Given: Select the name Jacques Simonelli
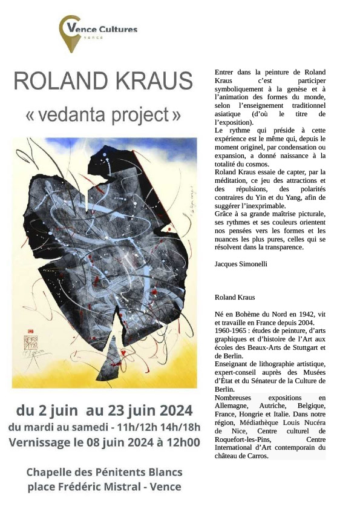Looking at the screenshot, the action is click(x=241, y=264).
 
